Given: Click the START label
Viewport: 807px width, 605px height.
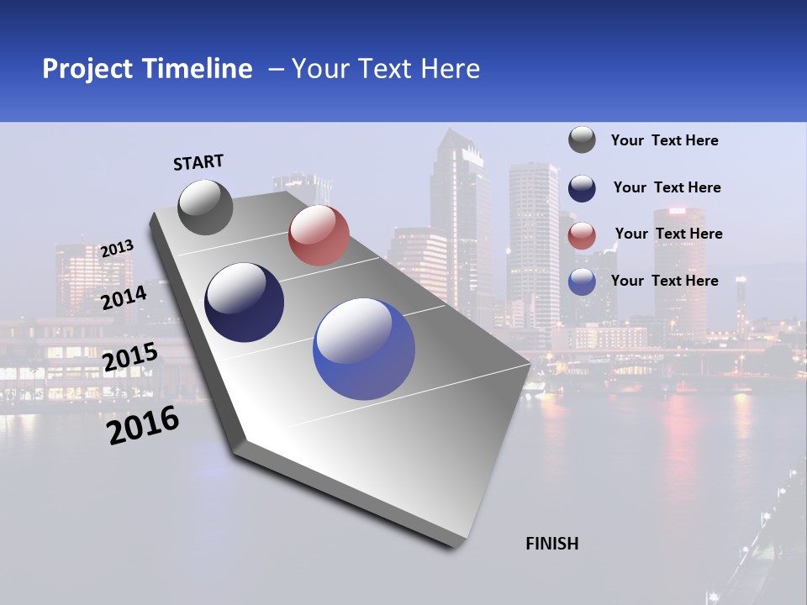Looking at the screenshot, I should tap(198, 162).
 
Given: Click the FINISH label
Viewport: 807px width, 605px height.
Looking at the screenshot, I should tap(551, 544).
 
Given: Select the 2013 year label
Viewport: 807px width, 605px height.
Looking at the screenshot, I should tap(117, 249).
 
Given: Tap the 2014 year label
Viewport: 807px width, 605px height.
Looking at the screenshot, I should tap(124, 297).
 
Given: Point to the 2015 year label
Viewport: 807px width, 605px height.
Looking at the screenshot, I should tap(129, 356).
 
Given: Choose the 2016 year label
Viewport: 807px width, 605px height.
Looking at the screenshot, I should tap(143, 425).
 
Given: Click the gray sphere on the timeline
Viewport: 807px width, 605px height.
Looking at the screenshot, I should tap(206, 207).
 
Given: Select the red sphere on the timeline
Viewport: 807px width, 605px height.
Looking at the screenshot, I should tap(319, 235).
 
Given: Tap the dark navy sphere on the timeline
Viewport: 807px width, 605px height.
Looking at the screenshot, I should tap(245, 302).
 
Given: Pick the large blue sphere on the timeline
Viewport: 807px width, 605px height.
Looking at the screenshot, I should tap(364, 349).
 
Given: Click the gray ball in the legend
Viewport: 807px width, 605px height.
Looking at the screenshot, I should tap(582, 140).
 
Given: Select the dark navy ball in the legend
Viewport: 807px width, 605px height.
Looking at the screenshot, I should tap(582, 188).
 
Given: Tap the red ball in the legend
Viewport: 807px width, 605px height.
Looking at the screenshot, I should tap(582, 235).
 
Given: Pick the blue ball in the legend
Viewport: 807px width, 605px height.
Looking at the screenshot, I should tap(582, 281).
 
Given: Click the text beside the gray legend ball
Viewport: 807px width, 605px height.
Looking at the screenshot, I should tap(664, 140).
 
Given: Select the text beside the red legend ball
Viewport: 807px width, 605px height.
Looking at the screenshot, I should tap(668, 234).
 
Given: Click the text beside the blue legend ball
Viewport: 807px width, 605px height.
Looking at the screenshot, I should tap(664, 281).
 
